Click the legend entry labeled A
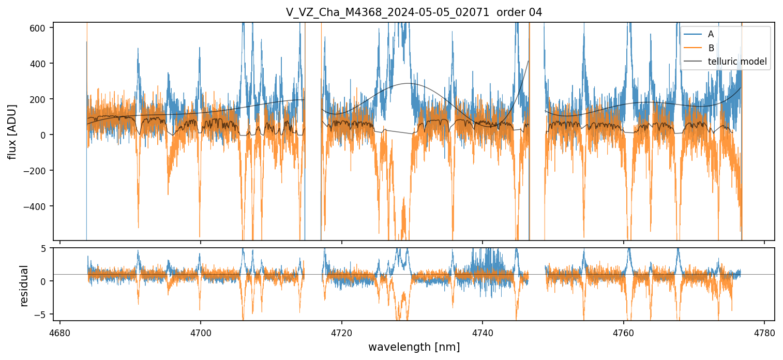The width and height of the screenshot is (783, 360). (x=711, y=34)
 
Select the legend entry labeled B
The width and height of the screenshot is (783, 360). (x=711, y=48)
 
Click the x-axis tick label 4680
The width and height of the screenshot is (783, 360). (x=60, y=332)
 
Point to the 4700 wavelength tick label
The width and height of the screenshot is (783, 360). (x=201, y=332)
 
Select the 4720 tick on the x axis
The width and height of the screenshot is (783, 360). (x=342, y=332)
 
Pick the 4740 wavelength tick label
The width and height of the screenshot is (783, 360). (x=483, y=332)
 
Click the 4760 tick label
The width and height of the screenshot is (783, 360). (x=624, y=332)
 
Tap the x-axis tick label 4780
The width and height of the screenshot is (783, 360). (x=764, y=332)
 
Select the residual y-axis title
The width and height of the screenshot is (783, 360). (x=24, y=286)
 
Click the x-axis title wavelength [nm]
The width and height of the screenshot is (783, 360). (x=414, y=347)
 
